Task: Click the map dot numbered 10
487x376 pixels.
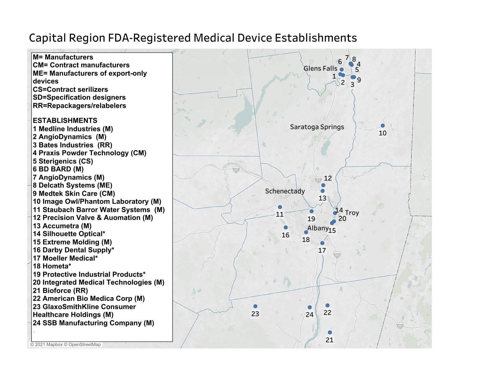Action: (x=382, y=126)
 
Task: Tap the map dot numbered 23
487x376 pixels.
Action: (x=255, y=306)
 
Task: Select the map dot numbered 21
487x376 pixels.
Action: (x=330, y=332)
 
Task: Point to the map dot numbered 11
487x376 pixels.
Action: (x=280, y=207)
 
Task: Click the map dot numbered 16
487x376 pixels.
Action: (x=286, y=227)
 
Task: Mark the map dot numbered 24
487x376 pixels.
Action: (x=309, y=307)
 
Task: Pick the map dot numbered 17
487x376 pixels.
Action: (x=322, y=243)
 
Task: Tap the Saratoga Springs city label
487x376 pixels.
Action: (x=317, y=127)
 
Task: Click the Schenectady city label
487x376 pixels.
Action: (x=285, y=191)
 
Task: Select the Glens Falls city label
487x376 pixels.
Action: (x=320, y=68)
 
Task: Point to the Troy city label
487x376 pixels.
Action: (x=352, y=213)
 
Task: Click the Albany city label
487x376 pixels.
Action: (x=318, y=228)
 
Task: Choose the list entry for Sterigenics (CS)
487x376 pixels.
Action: (x=63, y=161)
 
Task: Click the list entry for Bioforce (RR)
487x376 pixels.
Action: (x=60, y=290)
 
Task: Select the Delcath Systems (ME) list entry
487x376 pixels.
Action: (x=72, y=185)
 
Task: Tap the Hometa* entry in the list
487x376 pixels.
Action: (x=52, y=266)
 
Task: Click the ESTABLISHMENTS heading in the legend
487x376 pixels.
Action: (x=65, y=121)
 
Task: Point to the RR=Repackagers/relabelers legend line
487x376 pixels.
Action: (x=79, y=106)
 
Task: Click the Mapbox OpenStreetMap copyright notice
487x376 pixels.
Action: (x=65, y=345)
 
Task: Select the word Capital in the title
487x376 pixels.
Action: (x=47, y=38)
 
